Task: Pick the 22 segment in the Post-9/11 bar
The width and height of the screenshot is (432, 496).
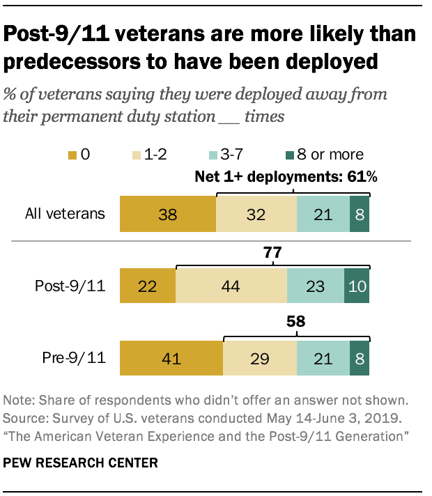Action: [148, 286]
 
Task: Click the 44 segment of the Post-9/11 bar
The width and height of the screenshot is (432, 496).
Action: [231, 286]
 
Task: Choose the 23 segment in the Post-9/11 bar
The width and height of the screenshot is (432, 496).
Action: [315, 286]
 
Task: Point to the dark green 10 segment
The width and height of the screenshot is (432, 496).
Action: [357, 286]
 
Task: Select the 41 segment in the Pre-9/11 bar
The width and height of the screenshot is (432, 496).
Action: [171, 359]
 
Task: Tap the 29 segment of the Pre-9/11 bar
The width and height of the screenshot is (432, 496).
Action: [259, 359]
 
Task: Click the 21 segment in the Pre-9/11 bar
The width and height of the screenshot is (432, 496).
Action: [323, 359]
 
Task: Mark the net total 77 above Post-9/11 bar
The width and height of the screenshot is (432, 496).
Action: [272, 252]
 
